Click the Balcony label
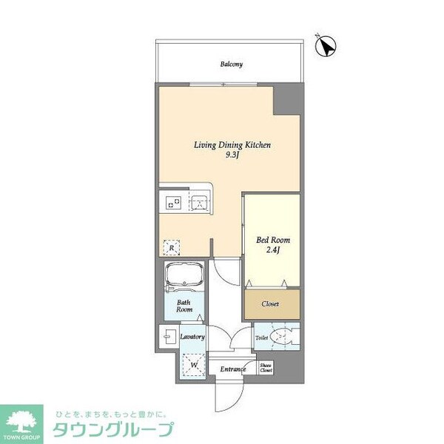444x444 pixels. tap(231, 64)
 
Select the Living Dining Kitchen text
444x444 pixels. tap(233, 146)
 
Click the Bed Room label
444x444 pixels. tap(272, 240)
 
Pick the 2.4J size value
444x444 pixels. tap(272, 250)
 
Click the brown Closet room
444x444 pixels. tap(272, 303)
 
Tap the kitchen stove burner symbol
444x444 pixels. tap(175, 201)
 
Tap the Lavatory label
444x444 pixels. tap(192, 337)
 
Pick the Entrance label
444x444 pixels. tap(232, 368)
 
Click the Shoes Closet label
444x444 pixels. tap(266, 368)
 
